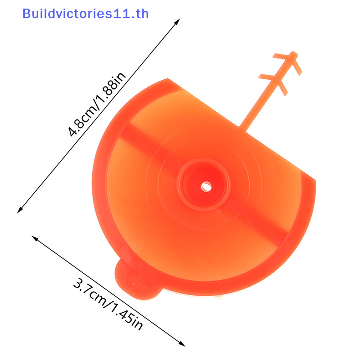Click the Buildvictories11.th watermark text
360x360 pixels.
(85, 13)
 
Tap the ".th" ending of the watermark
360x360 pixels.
(140, 13)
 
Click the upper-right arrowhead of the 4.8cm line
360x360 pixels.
(177, 22)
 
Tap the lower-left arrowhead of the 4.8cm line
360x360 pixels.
(20, 210)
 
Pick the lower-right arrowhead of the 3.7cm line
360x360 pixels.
(182, 344)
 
